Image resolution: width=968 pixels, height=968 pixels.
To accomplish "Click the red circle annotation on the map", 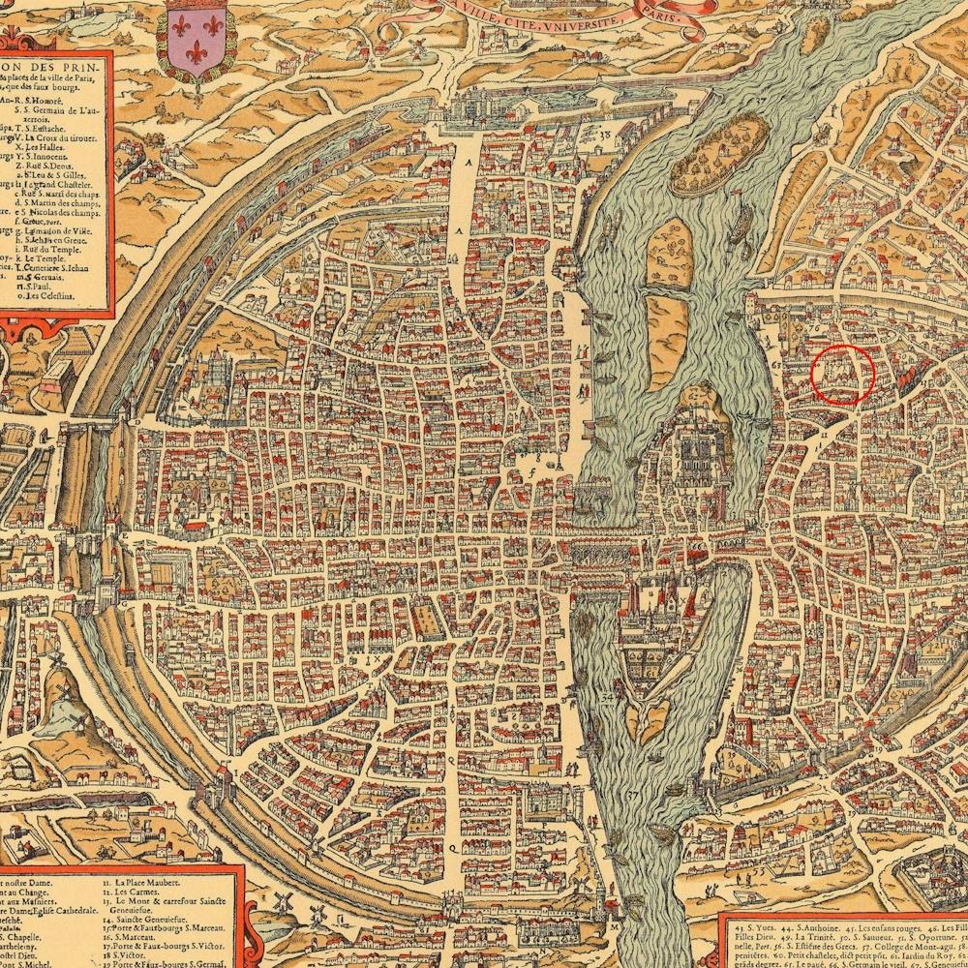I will click(x=842, y=375).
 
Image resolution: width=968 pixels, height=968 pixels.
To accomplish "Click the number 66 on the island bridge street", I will click(x=697, y=547).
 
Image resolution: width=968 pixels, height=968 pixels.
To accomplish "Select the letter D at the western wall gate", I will click(x=137, y=423).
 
